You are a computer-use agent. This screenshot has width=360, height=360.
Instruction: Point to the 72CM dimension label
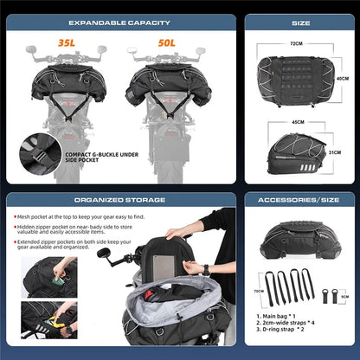(296, 42)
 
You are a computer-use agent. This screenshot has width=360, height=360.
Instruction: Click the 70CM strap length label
(256, 292)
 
